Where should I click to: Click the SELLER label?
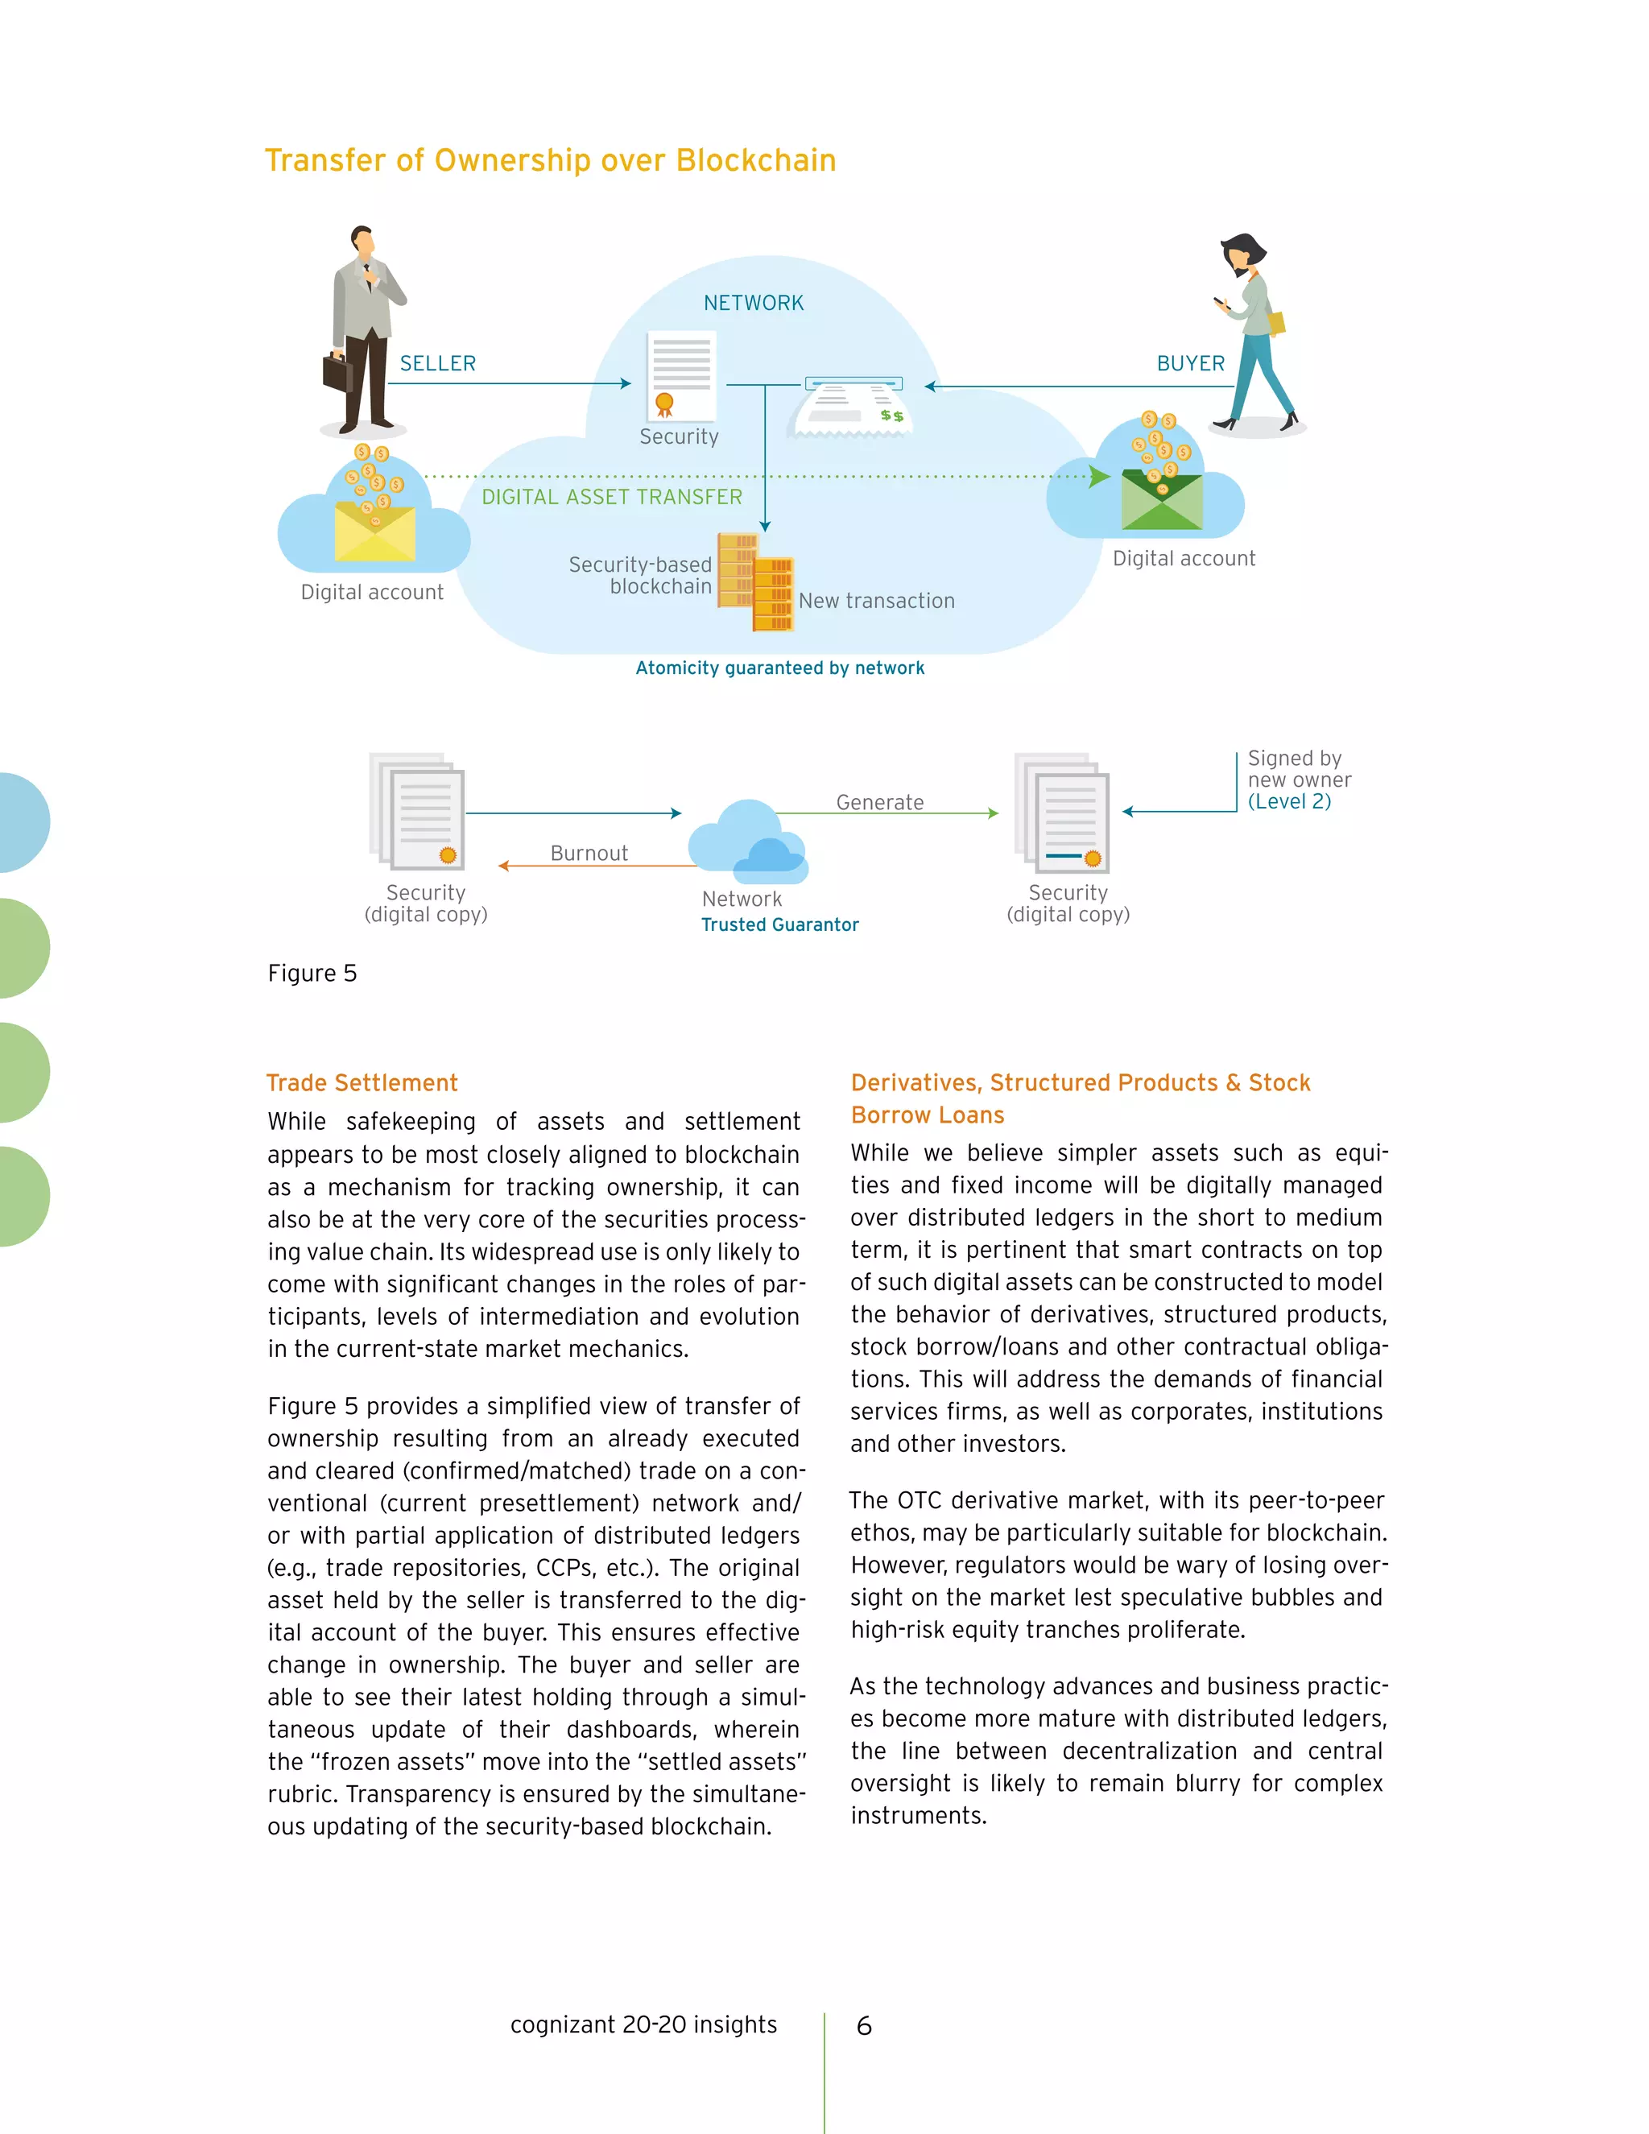coord(438,363)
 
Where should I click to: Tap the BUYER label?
coord(1190,363)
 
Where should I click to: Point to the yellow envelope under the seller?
coord(375,532)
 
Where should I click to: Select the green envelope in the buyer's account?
coord(1162,501)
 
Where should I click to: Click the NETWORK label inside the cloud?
coord(753,303)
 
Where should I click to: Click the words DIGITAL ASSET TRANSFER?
coord(612,498)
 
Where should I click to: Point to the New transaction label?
coord(876,601)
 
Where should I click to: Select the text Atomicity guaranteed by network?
coord(779,668)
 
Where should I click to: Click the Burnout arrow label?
coord(589,853)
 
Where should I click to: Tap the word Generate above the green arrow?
coord(879,802)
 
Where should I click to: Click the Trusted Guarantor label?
coord(779,924)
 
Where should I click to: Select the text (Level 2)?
coord(1288,801)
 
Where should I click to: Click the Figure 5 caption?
coord(312,974)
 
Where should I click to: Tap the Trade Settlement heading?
coord(362,1082)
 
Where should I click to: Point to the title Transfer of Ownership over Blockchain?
coord(550,160)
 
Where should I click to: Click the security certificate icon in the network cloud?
coord(681,376)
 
